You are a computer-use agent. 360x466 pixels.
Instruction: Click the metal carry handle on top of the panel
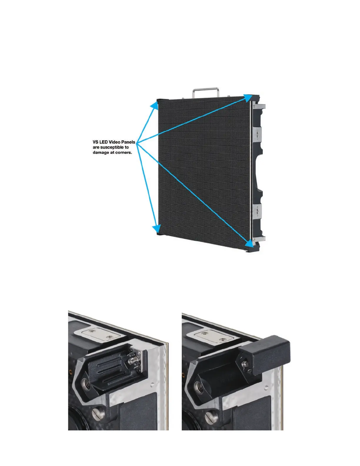tap(205, 89)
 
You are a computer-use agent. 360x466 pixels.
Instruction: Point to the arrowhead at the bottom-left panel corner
tap(156, 228)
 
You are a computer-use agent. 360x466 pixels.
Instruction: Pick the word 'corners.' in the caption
tap(124, 153)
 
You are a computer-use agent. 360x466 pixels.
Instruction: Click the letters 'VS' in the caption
tap(96, 142)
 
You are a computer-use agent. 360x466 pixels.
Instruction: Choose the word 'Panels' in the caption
tap(129, 142)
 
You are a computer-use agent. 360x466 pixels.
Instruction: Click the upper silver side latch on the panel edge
tap(258, 134)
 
